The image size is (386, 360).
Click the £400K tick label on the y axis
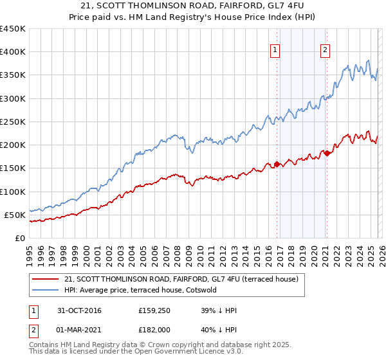(13, 52)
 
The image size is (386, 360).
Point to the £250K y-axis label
(13, 122)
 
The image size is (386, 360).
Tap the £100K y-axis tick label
(13, 192)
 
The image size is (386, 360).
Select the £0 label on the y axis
(19, 238)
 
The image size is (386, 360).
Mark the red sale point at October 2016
(277, 164)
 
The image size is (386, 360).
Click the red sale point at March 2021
(327, 153)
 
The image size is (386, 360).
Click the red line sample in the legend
(46, 280)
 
